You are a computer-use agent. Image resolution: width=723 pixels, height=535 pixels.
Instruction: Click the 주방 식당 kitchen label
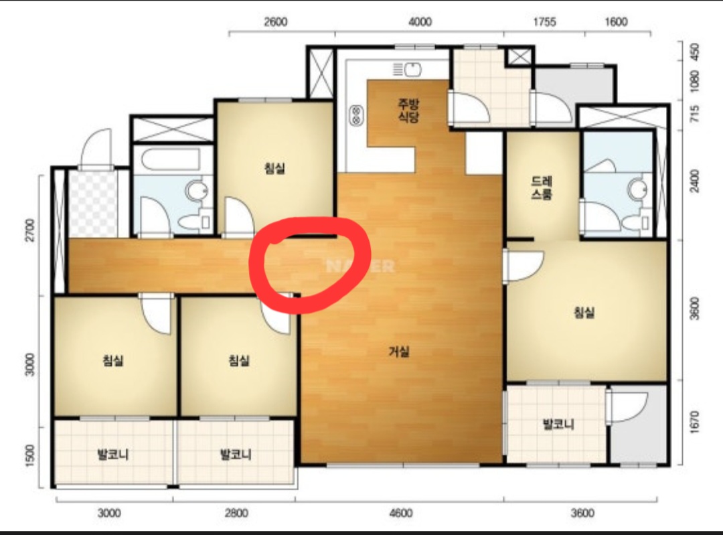(408, 110)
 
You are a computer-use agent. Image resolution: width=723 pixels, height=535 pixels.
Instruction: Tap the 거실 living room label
(399, 352)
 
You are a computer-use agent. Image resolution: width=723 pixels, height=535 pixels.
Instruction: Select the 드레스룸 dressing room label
(542, 187)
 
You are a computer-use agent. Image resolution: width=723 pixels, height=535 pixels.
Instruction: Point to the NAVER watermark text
(360, 266)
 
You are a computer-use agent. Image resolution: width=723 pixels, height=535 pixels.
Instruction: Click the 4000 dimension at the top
(420, 21)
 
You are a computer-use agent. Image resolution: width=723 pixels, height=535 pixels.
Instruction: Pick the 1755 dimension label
(544, 21)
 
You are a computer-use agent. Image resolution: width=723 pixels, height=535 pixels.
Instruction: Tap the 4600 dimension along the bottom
(401, 513)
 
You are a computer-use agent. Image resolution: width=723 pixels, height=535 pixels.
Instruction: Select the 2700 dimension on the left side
(29, 230)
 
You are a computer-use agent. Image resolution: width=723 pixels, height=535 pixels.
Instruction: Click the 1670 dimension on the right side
(694, 422)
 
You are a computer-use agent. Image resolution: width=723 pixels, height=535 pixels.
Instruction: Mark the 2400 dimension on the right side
(694, 181)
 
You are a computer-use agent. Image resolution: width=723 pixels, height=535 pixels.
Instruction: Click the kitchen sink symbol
(408, 70)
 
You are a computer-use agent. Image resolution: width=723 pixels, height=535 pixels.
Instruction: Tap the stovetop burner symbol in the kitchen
(356, 115)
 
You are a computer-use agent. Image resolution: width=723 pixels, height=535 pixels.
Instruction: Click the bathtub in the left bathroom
(171, 160)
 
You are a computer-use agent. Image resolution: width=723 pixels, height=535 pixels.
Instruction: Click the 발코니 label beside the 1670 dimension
(558, 424)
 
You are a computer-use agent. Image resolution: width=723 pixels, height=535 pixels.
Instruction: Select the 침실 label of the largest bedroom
(584, 313)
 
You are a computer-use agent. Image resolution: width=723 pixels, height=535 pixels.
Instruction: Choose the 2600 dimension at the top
(275, 21)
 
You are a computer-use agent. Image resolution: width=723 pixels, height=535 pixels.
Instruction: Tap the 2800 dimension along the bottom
(236, 513)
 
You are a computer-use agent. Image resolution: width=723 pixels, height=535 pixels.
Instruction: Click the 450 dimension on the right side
(694, 51)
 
